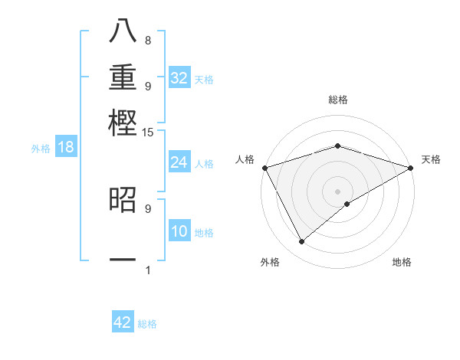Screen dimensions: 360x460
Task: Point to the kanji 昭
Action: pos(123,200)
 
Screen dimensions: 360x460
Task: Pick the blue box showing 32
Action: pos(179,78)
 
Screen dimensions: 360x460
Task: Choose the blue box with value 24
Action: pos(179,162)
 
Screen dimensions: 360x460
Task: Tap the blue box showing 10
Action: pos(179,232)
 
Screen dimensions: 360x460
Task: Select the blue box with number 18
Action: pos(66,148)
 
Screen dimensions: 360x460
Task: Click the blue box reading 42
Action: pos(123,322)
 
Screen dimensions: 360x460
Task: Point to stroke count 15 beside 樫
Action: pos(149,133)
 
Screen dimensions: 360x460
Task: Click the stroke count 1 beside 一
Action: pos(148,270)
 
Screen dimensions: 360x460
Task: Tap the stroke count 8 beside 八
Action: pos(148,40)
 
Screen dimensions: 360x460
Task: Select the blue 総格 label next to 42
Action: pos(147,324)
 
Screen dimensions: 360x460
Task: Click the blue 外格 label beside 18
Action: pos(41,149)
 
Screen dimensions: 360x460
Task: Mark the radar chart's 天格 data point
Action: pos(410,168)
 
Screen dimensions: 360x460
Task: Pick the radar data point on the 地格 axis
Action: pos(348,204)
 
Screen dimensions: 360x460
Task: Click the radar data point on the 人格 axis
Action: pos(264,167)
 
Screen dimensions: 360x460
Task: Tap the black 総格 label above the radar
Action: pos(338,100)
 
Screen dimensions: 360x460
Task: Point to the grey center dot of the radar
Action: pos(338,191)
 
